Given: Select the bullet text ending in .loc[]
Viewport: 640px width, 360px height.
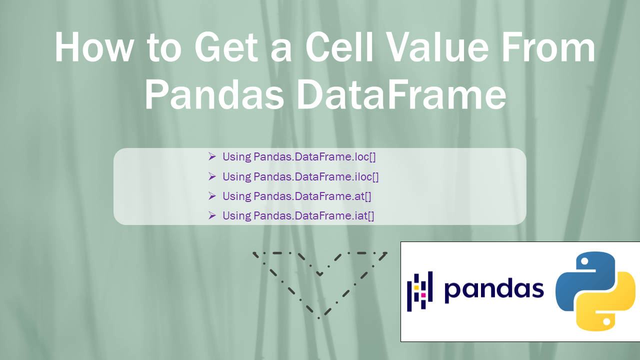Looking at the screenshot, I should [299, 156].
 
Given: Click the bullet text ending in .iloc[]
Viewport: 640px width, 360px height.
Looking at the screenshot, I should [300, 176].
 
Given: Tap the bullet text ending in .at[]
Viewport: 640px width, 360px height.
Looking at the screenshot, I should [297, 196].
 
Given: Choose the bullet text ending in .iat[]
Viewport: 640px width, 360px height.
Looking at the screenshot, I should [298, 216].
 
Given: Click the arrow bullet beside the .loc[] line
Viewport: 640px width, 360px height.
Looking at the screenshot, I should [212, 156].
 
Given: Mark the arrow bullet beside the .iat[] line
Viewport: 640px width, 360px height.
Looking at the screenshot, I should [212, 215].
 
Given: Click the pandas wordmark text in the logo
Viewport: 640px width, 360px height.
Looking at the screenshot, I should [494, 289].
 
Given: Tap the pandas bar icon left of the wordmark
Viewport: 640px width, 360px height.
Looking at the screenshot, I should [419, 291].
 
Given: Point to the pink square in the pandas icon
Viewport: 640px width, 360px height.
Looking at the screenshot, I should [423, 295].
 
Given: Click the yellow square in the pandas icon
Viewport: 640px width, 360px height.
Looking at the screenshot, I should [416, 287].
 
